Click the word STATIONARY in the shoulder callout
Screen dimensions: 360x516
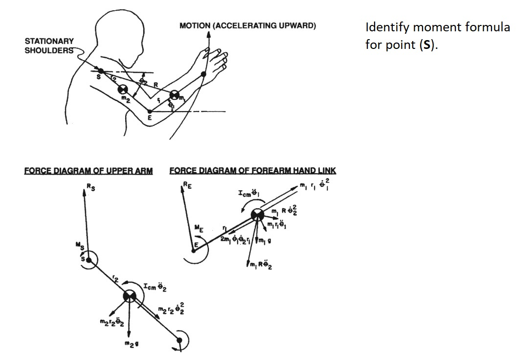(49, 42)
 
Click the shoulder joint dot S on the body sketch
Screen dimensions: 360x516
(101, 71)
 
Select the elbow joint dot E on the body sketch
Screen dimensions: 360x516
(149, 112)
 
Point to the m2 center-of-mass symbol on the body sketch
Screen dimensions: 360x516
(122, 90)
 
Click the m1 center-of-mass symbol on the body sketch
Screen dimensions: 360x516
(175, 95)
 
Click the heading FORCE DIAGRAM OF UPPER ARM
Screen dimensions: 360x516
(89, 171)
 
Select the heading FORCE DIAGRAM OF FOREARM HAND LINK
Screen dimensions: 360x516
(252, 171)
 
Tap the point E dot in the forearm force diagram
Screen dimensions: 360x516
(194, 250)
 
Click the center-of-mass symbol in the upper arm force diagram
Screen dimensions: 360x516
(130, 296)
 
